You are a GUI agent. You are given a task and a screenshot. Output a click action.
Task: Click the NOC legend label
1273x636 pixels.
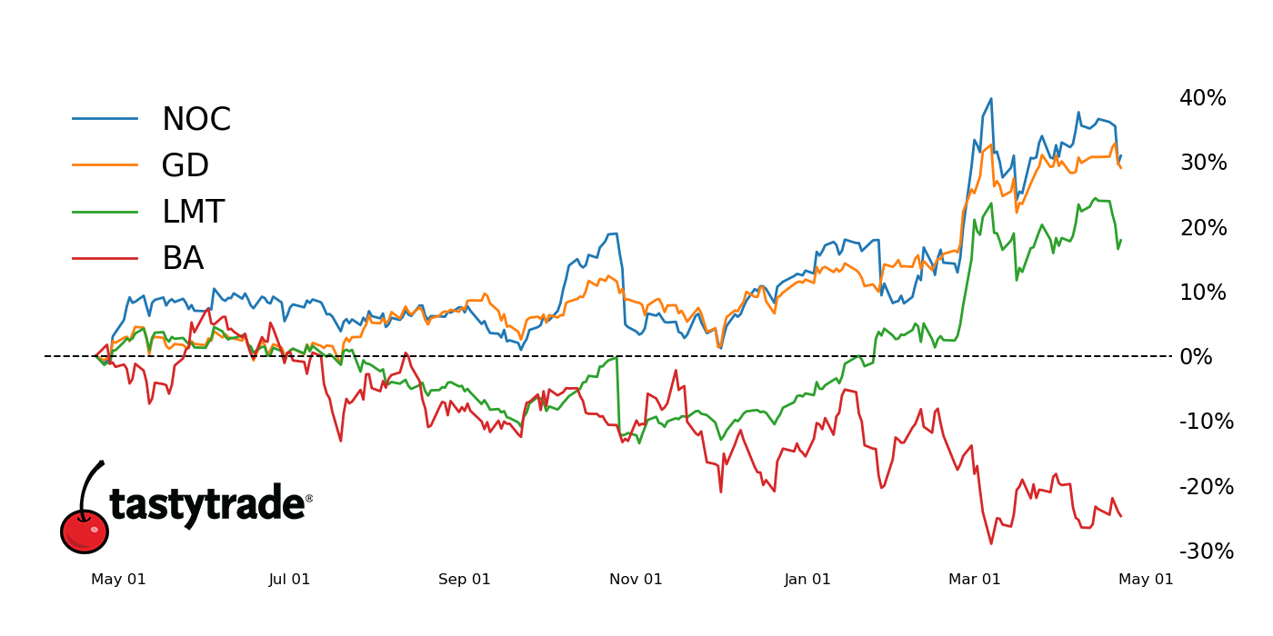pos(195,120)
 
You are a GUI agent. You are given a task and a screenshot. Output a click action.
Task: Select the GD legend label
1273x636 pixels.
pos(185,166)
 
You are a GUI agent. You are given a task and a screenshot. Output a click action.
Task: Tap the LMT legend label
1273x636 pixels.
pos(193,213)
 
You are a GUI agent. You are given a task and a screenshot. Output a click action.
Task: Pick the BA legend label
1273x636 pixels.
pos(182,259)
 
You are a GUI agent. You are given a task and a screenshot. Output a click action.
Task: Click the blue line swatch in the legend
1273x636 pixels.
pos(105,118)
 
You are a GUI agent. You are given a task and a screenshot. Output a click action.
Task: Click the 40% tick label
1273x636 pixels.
pos(1202,98)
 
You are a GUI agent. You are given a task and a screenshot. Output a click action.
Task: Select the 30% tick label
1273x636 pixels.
pos(1202,163)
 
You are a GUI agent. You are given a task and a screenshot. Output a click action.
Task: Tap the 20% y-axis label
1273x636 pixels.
pos(1202,228)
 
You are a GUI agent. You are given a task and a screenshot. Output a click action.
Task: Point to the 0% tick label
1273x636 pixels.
pos(1196,357)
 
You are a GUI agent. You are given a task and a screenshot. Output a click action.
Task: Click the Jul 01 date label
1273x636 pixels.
pos(289,580)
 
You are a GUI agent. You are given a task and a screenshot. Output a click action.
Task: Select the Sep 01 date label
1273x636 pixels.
pos(464,580)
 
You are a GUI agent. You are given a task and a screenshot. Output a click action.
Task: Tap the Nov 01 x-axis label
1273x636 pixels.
pos(636,580)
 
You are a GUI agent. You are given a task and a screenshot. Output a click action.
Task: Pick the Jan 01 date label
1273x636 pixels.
pos(807,580)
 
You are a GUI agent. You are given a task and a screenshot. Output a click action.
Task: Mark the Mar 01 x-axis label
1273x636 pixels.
pos(974,580)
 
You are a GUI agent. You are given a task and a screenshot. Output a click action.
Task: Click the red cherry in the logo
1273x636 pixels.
pos(85,531)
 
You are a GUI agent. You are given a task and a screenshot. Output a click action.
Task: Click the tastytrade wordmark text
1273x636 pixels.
pos(207,503)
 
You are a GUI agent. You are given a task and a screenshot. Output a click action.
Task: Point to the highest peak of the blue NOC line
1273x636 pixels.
pos(990,99)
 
